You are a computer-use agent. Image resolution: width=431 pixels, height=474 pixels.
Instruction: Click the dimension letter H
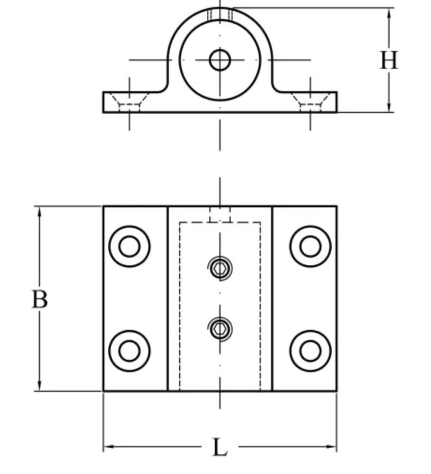pyautogui.click(x=388, y=60)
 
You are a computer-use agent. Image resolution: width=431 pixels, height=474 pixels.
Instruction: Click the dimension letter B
pyautogui.click(x=39, y=299)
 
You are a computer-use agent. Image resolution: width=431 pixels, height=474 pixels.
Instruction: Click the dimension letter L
pyautogui.click(x=219, y=448)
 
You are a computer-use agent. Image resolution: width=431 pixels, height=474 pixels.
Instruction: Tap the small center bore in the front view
pyautogui.click(x=219, y=60)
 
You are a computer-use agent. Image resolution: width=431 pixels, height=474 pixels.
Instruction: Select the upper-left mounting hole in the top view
pyautogui.click(x=129, y=247)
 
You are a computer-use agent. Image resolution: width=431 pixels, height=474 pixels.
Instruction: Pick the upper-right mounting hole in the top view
pyautogui.click(x=310, y=247)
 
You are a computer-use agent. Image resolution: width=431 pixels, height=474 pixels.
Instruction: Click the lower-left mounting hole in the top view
pyautogui.click(x=129, y=351)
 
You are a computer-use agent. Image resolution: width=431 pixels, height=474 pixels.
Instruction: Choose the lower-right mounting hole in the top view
pyautogui.click(x=310, y=351)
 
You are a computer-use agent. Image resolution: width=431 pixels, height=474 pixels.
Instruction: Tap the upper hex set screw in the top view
pyautogui.click(x=219, y=269)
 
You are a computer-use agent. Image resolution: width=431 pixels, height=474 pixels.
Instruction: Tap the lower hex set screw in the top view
pyautogui.click(x=219, y=329)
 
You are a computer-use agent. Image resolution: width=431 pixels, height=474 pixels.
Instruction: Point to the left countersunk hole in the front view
pyautogui.click(x=130, y=102)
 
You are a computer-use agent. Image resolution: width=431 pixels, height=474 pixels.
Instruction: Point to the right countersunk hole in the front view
pyautogui.click(x=310, y=102)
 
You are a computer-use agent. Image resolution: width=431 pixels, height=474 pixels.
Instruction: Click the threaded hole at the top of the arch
pyautogui.click(x=220, y=15)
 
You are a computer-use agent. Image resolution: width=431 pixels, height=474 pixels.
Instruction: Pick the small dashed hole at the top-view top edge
pyautogui.click(x=219, y=215)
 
